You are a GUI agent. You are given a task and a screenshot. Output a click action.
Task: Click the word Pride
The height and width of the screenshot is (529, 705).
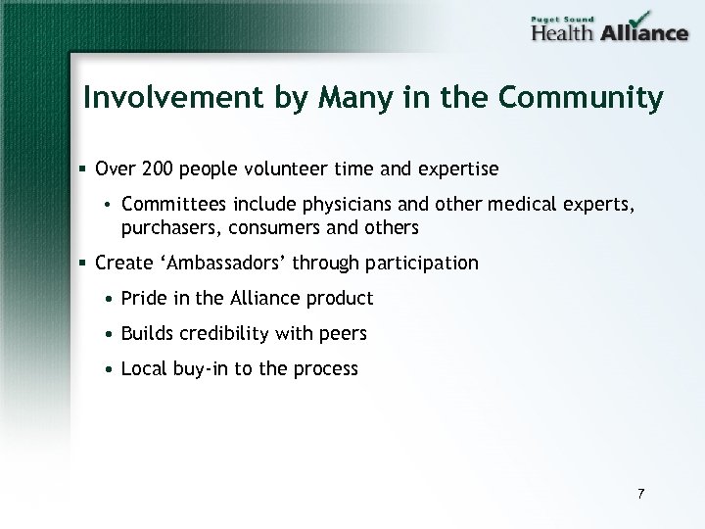pos(143,298)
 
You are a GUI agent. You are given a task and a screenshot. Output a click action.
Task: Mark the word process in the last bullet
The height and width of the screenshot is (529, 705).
pos(327,369)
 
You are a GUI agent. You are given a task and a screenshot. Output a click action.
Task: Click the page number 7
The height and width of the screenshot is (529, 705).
pos(640,493)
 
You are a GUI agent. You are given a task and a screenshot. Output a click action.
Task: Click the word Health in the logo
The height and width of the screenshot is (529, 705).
pos(562,32)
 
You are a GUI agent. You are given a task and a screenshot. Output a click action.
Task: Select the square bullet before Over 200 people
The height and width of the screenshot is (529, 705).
pos(86,169)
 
